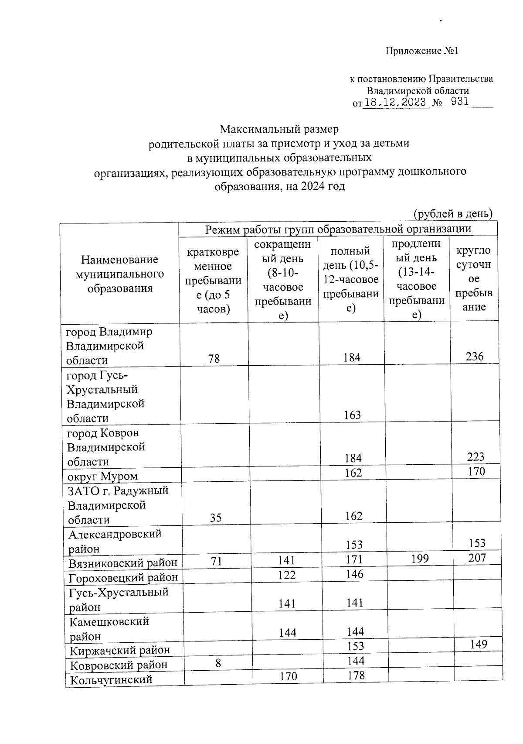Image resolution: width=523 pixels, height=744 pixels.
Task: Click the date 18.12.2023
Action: click(x=395, y=103)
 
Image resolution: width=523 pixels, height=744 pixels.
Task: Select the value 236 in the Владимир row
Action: click(x=474, y=357)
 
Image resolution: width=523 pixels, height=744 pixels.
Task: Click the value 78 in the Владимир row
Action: click(x=214, y=359)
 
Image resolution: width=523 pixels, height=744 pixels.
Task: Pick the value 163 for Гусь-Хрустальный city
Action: click(x=352, y=415)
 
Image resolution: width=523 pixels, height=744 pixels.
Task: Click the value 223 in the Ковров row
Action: click(x=475, y=457)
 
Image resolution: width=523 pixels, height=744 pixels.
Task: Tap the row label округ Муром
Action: click(x=103, y=476)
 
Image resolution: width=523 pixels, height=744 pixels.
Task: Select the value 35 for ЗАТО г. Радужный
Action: click(x=215, y=518)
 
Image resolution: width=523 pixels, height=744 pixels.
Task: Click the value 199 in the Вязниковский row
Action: click(x=420, y=559)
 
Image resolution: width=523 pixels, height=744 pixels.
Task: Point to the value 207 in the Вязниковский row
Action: click(x=477, y=558)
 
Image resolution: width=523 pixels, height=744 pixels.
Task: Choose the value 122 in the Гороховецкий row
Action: click(x=286, y=575)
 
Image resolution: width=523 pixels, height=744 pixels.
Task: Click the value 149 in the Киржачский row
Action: click(x=479, y=644)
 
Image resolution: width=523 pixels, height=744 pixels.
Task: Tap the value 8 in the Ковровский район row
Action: click(x=218, y=663)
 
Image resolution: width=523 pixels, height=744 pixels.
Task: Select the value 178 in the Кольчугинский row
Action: click(x=356, y=675)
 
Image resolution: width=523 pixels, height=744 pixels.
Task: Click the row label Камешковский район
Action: click(x=109, y=628)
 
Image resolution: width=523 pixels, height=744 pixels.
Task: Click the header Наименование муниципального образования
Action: click(x=120, y=274)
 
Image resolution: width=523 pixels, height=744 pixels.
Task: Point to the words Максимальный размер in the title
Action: click(x=279, y=129)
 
